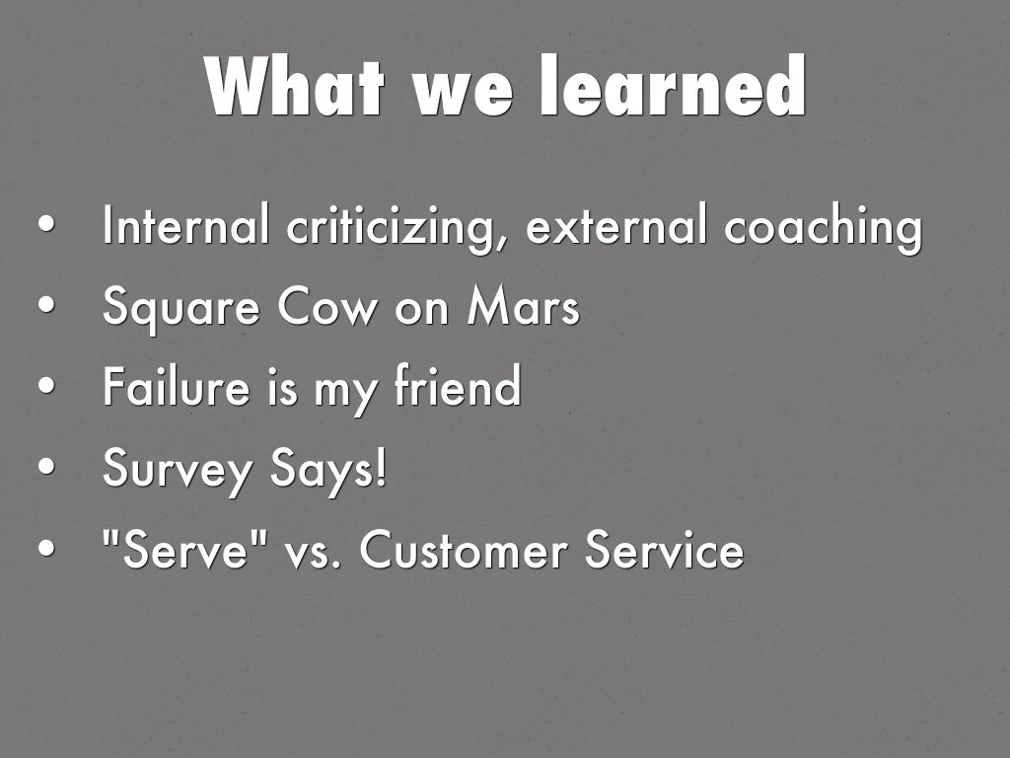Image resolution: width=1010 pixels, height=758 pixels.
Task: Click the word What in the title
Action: (x=295, y=86)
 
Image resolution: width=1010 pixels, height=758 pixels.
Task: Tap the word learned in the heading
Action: (x=673, y=85)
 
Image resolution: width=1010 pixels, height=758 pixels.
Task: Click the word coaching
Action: (x=824, y=228)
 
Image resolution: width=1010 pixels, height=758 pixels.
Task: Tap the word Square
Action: (x=181, y=309)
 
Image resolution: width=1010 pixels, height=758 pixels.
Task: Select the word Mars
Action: (x=523, y=306)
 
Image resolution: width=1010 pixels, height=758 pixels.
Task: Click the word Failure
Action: (x=176, y=386)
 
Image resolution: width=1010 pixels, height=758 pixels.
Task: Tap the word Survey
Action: (x=178, y=470)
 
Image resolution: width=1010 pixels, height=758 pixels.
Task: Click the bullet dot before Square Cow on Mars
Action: (x=46, y=306)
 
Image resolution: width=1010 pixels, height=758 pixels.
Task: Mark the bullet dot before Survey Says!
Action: (x=46, y=467)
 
